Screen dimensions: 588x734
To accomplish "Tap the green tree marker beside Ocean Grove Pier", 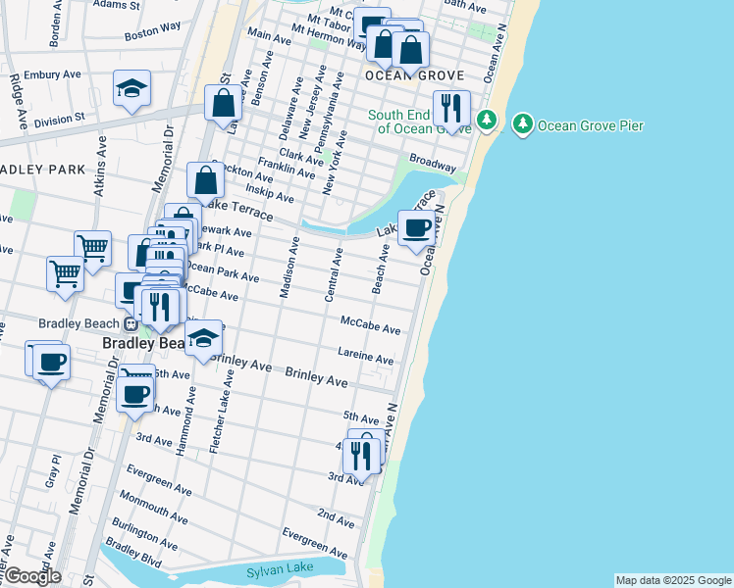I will (x=523, y=123).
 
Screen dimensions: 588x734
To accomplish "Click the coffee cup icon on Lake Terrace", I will (x=416, y=227).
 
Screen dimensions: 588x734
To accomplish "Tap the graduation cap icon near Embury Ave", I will (x=131, y=89).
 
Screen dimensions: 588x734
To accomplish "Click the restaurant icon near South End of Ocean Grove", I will (x=451, y=108).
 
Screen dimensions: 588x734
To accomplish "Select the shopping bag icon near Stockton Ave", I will (x=206, y=180).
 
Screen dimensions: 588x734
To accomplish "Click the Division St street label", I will (x=60, y=121).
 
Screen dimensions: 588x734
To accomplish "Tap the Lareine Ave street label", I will (x=365, y=356).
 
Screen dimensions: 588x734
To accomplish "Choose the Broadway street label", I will (x=432, y=162).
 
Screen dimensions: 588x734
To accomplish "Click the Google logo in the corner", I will (x=31, y=576).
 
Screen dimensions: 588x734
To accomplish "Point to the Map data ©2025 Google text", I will (x=672, y=580).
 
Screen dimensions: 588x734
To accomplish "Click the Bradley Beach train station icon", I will (x=130, y=324).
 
